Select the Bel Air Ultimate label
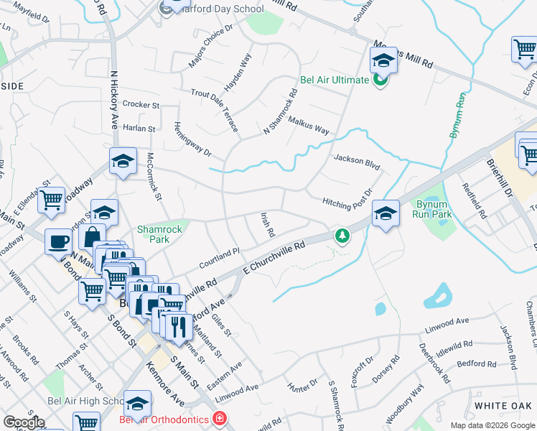coord(334,80)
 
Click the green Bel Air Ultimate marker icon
coord(380,80)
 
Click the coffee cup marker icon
coord(57,242)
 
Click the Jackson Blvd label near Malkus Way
coord(356,161)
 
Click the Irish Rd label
coord(268,225)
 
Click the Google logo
coord(24,422)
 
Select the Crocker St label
coord(141,104)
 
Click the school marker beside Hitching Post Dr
coord(386,213)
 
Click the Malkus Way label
coord(308,126)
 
